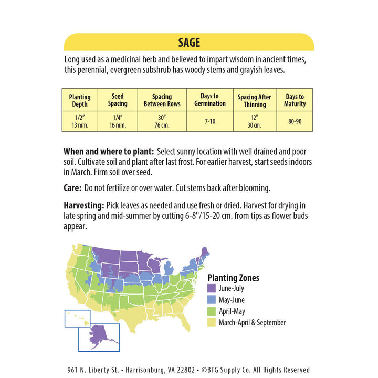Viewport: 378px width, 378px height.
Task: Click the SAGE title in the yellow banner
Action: pyautogui.click(x=188, y=43)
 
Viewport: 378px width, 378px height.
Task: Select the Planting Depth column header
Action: pyautogui.click(x=80, y=100)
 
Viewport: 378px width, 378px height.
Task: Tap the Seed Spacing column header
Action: pyautogui.click(x=118, y=100)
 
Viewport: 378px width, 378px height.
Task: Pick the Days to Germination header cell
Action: pyautogui.click(x=209, y=100)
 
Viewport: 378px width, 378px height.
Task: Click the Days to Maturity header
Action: pyautogui.click(x=295, y=100)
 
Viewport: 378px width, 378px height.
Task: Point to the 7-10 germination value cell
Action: pyautogui.click(x=209, y=121)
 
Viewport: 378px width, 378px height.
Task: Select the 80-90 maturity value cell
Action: pyautogui.click(x=295, y=121)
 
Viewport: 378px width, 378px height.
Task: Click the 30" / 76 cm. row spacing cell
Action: pyautogui.click(x=162, y=121)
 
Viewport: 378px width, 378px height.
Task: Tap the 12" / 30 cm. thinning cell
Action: pyautogui.click(x=254, y=121)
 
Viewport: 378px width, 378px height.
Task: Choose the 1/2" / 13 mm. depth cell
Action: pyautogui.click(x=80, y=121)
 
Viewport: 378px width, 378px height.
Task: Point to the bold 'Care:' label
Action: pyautogui.click(x=72, y=187)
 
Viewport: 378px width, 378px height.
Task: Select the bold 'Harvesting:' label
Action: pyautogui.click(x=83, y=205)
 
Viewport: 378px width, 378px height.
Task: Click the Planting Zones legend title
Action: pyautogui.click(x=233, y=278)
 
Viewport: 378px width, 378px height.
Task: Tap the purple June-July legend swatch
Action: pyautogui.click(x=212, y=288)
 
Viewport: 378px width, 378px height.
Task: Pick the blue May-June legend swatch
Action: pyautogui.click(x=212, y=300)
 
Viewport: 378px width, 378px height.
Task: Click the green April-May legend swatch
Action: pyautogui.click(x=212, y=311)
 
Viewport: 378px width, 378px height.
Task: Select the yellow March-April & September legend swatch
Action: pyautogui.click(x=212, y=323)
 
